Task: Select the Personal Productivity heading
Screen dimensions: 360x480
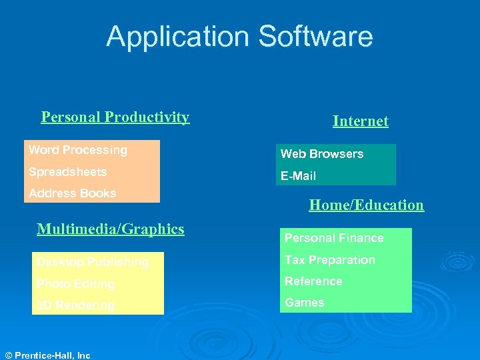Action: pyautogui.click(x=115, y=117)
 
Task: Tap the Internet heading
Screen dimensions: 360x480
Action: pyautogui.click(x=360, y=121)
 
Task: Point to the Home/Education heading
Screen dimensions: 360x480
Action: pyautogui.click(x=366, y=205)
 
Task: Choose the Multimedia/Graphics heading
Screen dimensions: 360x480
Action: pyautogui.click(x=111, y=229)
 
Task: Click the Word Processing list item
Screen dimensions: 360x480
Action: pyautogui.click(x=77, y=150)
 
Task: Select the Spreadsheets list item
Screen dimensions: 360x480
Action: pyautogui.click(x=67, y=172)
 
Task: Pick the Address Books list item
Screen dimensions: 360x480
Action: pyautogui.click(x=72, y=193)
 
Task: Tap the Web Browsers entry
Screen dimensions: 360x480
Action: pyautogui.click(x=322, y=154)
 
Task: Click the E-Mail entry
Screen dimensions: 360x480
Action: pyautogui.click(x=298, y=176)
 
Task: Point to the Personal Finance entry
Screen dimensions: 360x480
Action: pyautogui.click(x=334, y=238)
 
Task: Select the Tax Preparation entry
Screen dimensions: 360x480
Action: pyautogui.click(x=330, y=260)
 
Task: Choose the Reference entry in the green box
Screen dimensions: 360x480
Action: pyautogui.click(x=313, y=281)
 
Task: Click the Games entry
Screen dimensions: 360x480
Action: pyautogui.click(x=305, y=303)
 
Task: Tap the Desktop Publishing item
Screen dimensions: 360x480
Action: pyautogui.click(x=92, y=262)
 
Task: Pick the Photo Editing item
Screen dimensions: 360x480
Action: pyautogui.click(x=75, y=284)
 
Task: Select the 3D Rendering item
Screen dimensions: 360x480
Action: pyautogui.click(x=75, y=305)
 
